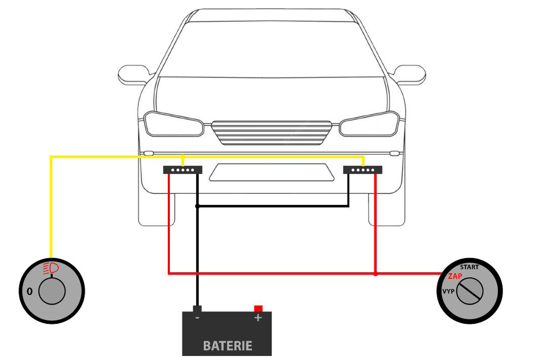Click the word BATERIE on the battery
(227, 346)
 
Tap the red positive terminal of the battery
(258, 308)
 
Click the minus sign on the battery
(197, 318)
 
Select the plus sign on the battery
(258, 318)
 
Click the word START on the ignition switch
(469, 267)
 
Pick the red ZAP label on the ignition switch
(455, 276)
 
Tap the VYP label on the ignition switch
(448, 292)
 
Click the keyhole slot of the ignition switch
(470, 292)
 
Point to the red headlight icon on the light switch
(52, 268)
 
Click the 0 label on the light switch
(29, 292)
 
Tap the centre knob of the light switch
(52, 292)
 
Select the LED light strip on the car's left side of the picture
(182, 170)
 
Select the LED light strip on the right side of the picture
(363, 170)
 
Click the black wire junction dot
(197, 206)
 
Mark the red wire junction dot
(375, 274)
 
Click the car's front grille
(271, 132)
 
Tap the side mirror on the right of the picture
(410, 74)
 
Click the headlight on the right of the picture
(369, 124)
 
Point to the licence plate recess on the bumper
(271, 173)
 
